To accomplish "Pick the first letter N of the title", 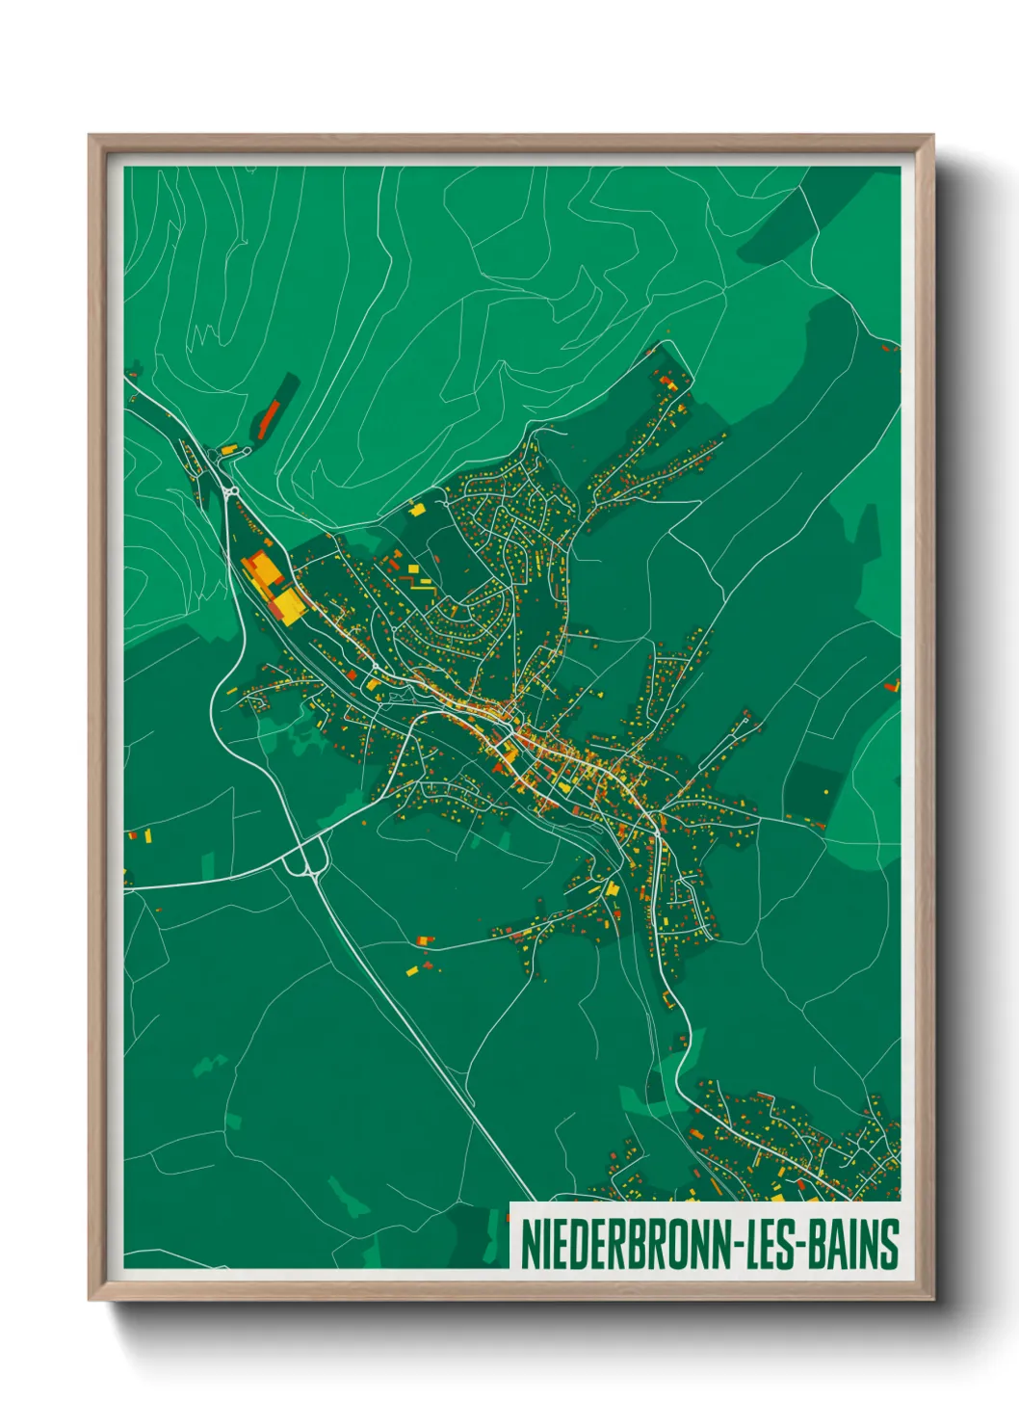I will pyautogui.click(x=529, y=1244).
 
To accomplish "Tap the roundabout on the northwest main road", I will pyautogui.click(x=232, y=492).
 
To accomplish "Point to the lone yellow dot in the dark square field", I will pyautogui.click(x=825, y=791).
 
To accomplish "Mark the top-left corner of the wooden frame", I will pyautogui.click(x=91, y=137).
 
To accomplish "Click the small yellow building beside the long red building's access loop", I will pyautogui.click(x=228, y=449).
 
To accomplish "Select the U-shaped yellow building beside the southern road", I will pyautogui.click(x=613, y=888).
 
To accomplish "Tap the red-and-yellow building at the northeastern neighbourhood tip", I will pyautogui.click(x=667, y=383).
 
